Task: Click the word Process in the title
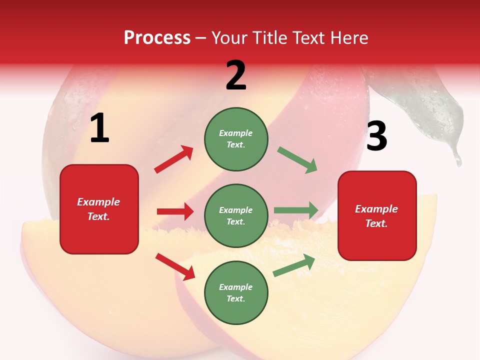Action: [157, 37]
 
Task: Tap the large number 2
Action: [236, 75]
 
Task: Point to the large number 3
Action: [376, 136]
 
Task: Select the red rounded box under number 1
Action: [99, 209]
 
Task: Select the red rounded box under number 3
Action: [377, 216]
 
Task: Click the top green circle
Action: [236, 139]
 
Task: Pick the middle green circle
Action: [236, 215]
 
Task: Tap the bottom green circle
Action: [236, 292]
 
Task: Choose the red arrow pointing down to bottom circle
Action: [175, 266]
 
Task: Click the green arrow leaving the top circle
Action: [297, 160]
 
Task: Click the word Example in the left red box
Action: [98, 202]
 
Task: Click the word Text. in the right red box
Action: [376, 223]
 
